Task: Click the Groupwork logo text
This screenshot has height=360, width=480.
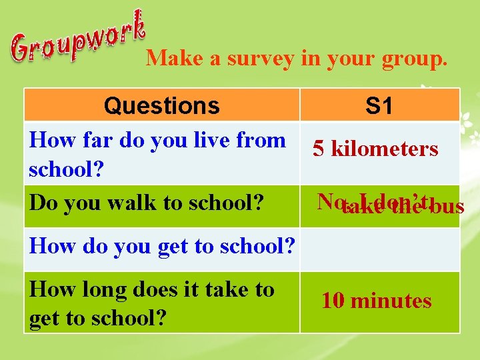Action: [x=78, y=37]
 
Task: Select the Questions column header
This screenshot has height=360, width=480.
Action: [x=162, y=105]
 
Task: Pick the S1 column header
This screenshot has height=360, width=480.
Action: [x=379, y=105]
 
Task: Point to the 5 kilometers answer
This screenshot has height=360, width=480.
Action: [x=375, y=148]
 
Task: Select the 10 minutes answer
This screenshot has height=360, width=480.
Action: [x=376, y=301]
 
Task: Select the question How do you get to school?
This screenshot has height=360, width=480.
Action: [x=162, y=246]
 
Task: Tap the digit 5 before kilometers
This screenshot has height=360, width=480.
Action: [x=319, y=148]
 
